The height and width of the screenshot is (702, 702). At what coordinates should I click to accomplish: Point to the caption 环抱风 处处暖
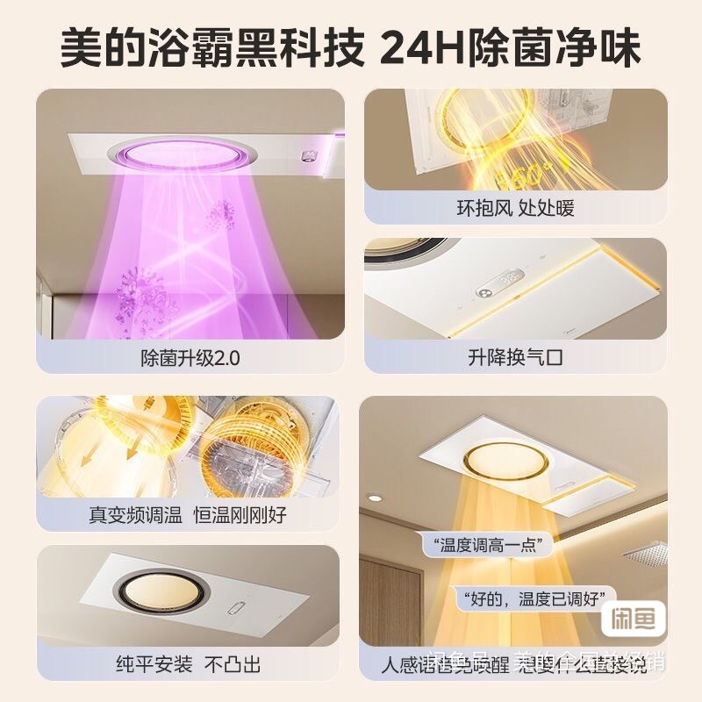pyautogui.click(x=515, y=209)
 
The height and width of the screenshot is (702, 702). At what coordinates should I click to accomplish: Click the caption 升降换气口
pyautogui.click(x=515, y=359)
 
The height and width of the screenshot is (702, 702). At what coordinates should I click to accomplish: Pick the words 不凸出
pyautogui.click(x=233, y=664)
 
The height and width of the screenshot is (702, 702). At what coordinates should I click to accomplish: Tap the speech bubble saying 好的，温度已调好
pyautogui.click(x=534, y=599)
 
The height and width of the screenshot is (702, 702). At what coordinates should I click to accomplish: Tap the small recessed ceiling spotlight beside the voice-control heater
pyautogui.click(x=375, y=498)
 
